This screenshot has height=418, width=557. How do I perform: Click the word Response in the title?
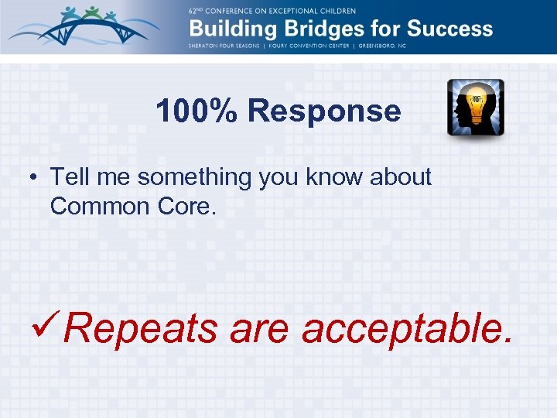coord(324,111)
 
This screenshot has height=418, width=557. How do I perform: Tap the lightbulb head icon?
coord(475,108)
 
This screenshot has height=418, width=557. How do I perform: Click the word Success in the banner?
coord(449,29)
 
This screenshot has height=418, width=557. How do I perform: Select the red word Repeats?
coord(142,329)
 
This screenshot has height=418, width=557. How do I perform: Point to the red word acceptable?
coord(406,329)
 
